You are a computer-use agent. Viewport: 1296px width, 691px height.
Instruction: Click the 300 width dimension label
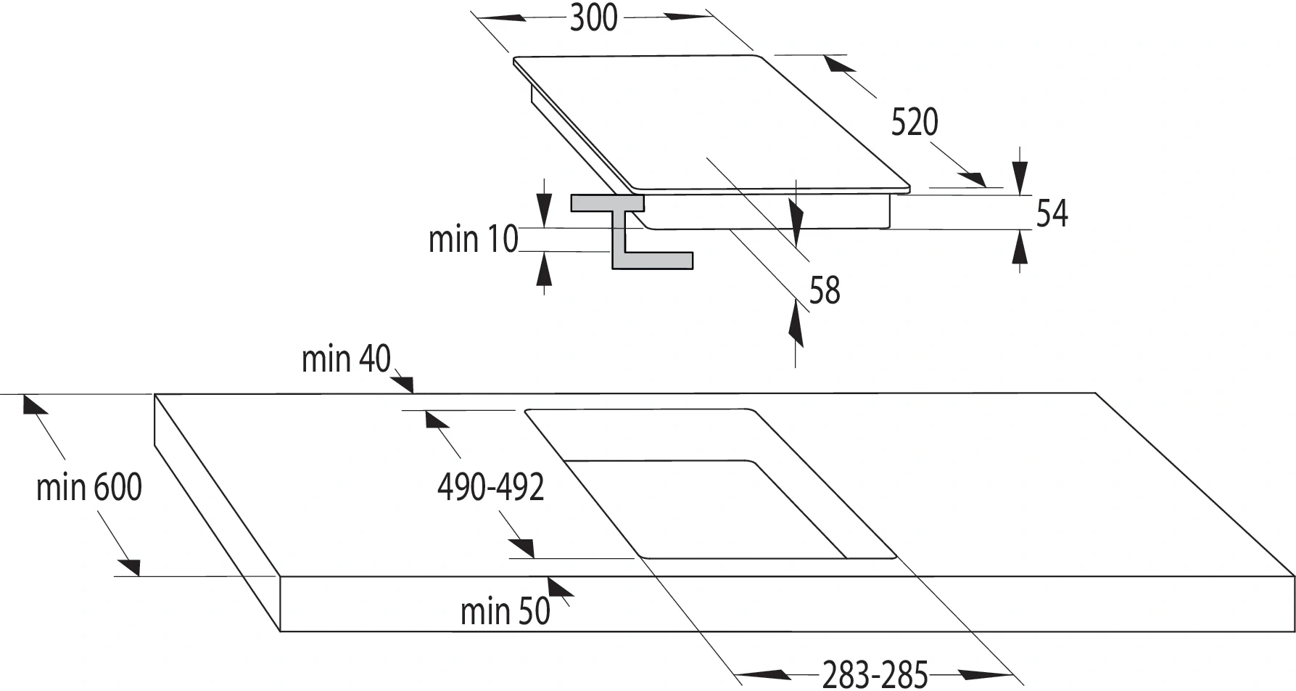593,18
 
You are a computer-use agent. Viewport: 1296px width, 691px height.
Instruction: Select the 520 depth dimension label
915,122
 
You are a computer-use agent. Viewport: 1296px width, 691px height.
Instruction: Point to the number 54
1052,213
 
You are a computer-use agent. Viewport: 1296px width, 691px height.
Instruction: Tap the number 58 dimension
825,290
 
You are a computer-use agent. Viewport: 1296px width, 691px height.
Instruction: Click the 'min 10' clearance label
474,239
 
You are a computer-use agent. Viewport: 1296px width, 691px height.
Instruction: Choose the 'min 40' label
346,359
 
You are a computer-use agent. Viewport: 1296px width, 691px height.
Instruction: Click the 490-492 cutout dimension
491,487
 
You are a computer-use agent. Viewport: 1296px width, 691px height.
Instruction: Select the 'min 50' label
505,611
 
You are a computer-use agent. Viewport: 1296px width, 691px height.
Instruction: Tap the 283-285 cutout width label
875,674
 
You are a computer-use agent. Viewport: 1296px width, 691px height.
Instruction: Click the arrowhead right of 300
688,16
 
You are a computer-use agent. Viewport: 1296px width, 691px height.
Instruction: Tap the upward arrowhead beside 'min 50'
561,587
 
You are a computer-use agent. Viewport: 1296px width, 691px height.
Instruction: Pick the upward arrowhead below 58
796,323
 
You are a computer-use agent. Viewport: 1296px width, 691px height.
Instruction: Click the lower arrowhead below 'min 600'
130,567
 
